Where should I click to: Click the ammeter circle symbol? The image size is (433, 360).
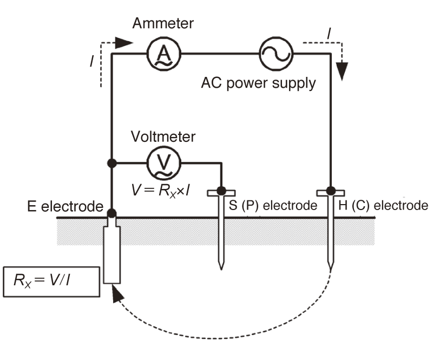[x=164, y=54]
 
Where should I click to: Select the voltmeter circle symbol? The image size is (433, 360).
[x=164, y=163]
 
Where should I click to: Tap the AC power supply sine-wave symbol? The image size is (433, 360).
[x=276, y=54]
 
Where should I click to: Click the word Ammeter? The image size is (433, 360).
[x=163, y=23]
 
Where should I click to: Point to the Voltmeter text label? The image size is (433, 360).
[x=163, y=137]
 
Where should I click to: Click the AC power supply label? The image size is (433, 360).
[x=259, y=83]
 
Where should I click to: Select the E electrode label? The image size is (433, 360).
[x=65, y=206]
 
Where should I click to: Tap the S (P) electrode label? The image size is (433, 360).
[x=273, y=206]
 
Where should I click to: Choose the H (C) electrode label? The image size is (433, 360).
[x=383, y=206]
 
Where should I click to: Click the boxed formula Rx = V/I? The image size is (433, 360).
[x=51, y=282]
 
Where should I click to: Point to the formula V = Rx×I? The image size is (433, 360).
[x=160, y=191]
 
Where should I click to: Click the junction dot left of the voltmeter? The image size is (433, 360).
[x=112, y=163]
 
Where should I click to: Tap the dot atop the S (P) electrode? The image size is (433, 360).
[x=221, y=191]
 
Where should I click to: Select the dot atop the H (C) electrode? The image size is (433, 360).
[x=331, y=191]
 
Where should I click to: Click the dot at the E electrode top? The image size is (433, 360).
[x=112, y=213]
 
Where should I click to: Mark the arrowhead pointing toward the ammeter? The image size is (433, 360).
[x=124, y=43]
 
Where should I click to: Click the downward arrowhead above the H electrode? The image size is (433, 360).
[x=342, y=71]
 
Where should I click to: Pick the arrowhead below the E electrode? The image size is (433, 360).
[x=117, y=294]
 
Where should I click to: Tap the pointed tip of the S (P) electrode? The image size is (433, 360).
[x=221, y=270]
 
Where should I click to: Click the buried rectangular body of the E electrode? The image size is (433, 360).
[x=112, y=255]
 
